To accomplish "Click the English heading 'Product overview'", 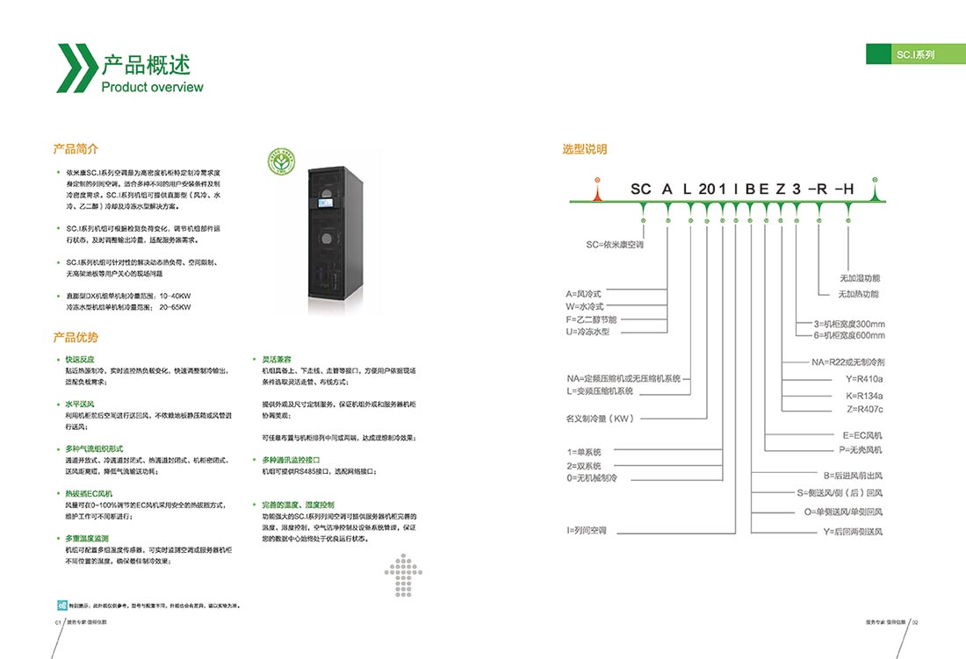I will [x=152, y=87].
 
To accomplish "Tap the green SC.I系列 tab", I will [x=916, y=54].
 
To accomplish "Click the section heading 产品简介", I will [x=76, y=148].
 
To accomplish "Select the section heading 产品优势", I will [x=76, y=337].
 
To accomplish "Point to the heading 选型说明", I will [x=585, y=149].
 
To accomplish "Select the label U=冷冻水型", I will [x=588, y=332].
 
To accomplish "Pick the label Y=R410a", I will [x=865, y=379].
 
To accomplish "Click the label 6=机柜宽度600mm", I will [x=850, y=335].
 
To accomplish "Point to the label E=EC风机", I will [x=862, y=435].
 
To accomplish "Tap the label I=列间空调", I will [x=587, y=530].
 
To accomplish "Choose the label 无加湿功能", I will [x=859, y=278].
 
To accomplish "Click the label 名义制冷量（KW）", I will [x=600, y=419].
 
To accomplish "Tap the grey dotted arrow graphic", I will [x=405, y=576].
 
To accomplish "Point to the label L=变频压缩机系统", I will [x=599, y=390].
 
